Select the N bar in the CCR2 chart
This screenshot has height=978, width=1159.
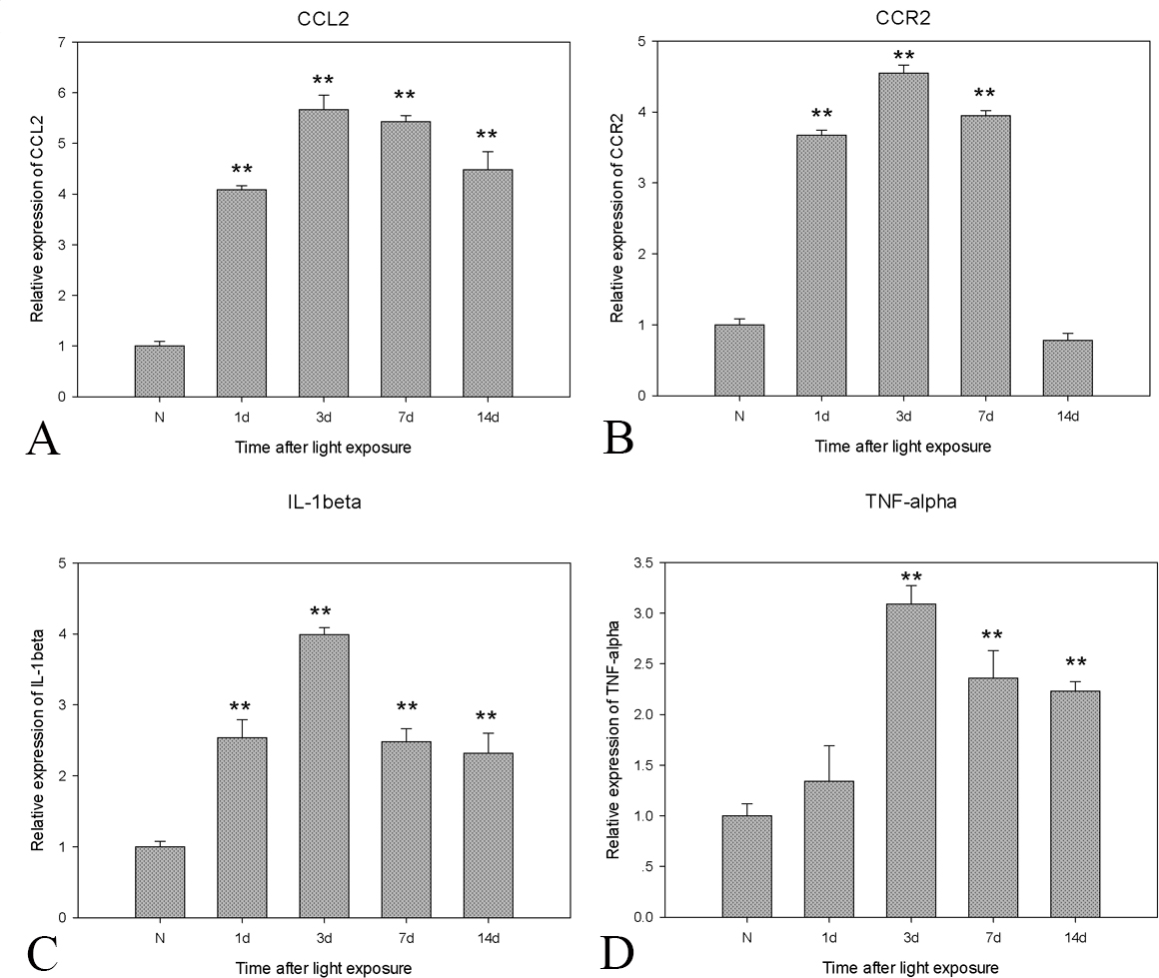tap(739, 360)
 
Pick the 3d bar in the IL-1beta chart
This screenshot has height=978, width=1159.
tap(324, 775)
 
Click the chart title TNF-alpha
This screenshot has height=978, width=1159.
tap(910, 502)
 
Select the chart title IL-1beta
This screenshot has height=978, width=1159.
tap(323, 502)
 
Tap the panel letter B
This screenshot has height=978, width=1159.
tap(618, 438)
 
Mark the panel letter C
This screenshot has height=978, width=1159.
tap(42, 955)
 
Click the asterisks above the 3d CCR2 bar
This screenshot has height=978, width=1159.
tap(904, 55)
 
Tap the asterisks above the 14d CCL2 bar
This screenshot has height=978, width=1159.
tap(487, 135)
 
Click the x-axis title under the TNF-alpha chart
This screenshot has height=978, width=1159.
tap(910, 967)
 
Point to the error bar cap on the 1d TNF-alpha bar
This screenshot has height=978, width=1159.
tap(829, 745)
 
